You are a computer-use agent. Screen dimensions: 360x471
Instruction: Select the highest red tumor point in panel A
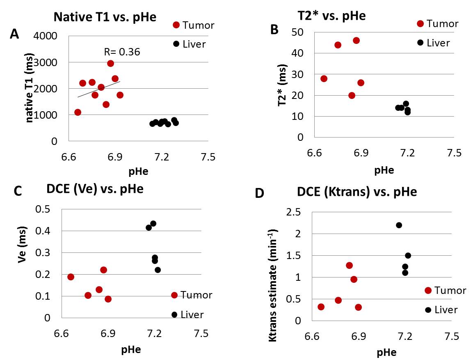110,63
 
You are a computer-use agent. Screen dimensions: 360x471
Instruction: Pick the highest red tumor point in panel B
356,40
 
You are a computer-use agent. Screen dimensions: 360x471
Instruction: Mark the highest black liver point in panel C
153,223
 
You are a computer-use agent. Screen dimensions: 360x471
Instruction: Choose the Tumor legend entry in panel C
191,295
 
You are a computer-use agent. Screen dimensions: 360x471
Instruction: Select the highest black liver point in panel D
399,225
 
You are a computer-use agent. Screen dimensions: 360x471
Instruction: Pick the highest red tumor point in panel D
349,265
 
